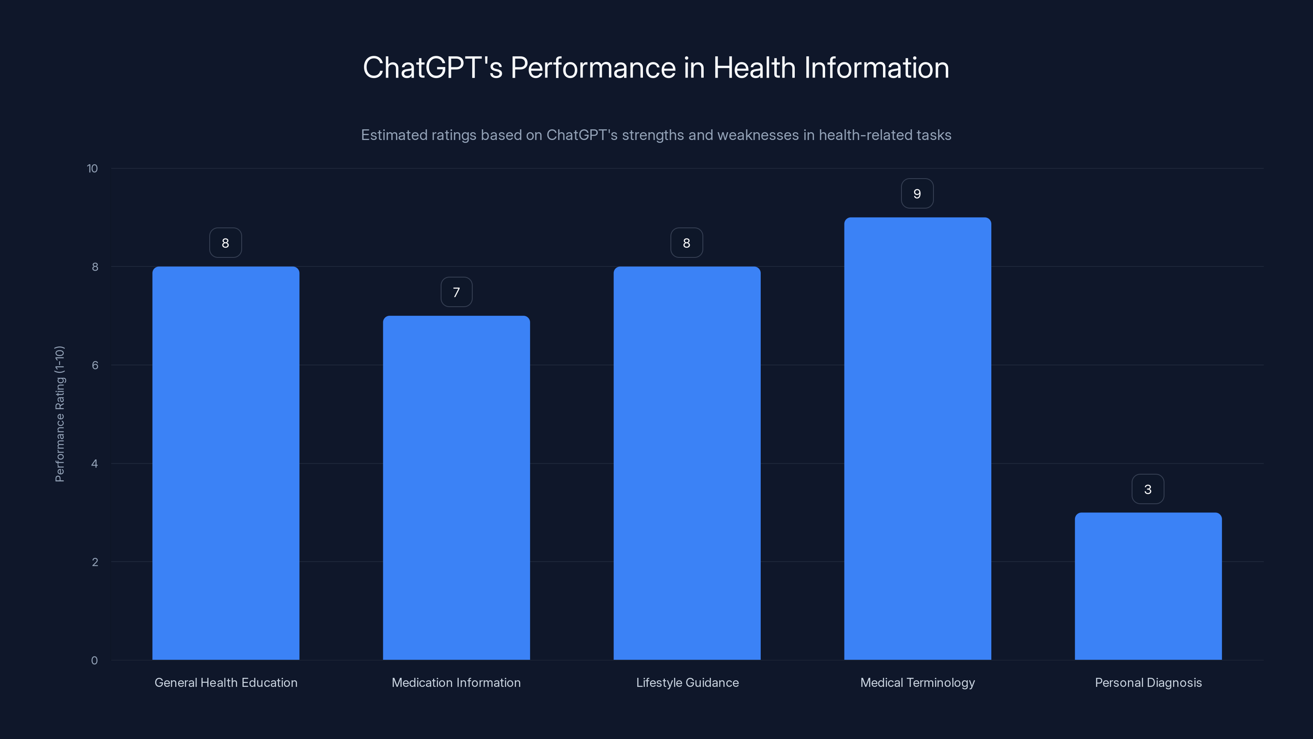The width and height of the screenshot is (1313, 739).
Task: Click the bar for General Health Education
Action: (225, 463)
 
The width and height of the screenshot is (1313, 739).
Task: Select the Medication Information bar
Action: (456, 488)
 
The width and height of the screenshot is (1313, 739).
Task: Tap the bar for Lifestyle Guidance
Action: (686, 463)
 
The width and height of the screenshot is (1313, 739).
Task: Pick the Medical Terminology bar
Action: (917, 438)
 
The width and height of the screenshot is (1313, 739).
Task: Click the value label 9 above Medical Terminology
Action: (917, 194)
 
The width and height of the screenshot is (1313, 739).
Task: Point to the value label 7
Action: (456, 292)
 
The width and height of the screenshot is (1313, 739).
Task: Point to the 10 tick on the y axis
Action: (92, 169)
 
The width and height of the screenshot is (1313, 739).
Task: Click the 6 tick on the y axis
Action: (95, 365)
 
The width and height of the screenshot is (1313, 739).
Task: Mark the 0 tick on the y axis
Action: (94, 661)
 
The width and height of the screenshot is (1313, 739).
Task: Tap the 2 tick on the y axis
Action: (95, 562)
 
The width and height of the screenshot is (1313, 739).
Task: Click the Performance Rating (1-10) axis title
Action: (59, 413)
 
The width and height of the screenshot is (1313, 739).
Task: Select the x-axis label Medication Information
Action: (456, 682)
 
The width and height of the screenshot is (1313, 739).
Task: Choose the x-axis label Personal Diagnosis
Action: (1148, 682)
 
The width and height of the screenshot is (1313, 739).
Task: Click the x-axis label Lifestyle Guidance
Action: (687, 682)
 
